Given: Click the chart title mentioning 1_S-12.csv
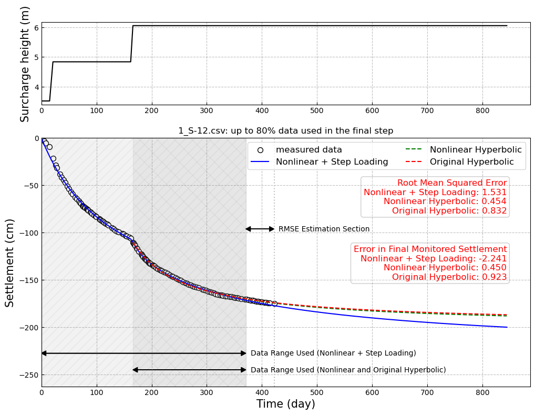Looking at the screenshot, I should [285, 131].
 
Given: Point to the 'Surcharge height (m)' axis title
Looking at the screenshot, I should [25, 64].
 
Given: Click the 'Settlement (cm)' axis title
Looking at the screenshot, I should [10, 262].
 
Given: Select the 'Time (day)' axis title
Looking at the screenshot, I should [285, 404].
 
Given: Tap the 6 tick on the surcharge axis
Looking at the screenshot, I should [36, 27].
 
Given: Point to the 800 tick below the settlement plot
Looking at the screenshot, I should [482, 392].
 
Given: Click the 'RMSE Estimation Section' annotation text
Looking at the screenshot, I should [324, 229].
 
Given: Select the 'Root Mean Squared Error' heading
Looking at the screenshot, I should [452, 183].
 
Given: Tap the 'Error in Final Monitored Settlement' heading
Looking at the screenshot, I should [430, 249].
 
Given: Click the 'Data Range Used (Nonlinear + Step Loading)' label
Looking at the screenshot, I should [333, 353].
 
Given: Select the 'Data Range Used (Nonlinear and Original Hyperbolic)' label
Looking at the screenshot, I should [348, 370].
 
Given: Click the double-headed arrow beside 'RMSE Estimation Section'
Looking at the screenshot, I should [260, 229].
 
